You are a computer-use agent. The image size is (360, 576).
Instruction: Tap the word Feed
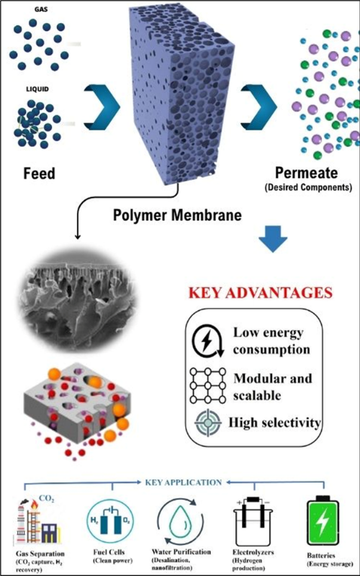click(40, 173)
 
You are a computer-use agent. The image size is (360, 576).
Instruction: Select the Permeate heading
click(307, 174)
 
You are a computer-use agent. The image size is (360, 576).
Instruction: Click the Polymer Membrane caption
click(177, 215)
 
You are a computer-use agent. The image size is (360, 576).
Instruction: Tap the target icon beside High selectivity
click(208, 423)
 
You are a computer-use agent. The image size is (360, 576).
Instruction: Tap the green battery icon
click(323, 520)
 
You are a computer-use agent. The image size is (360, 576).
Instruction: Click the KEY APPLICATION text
click(184, 482)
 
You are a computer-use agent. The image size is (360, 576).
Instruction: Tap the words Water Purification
click(181, 552)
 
